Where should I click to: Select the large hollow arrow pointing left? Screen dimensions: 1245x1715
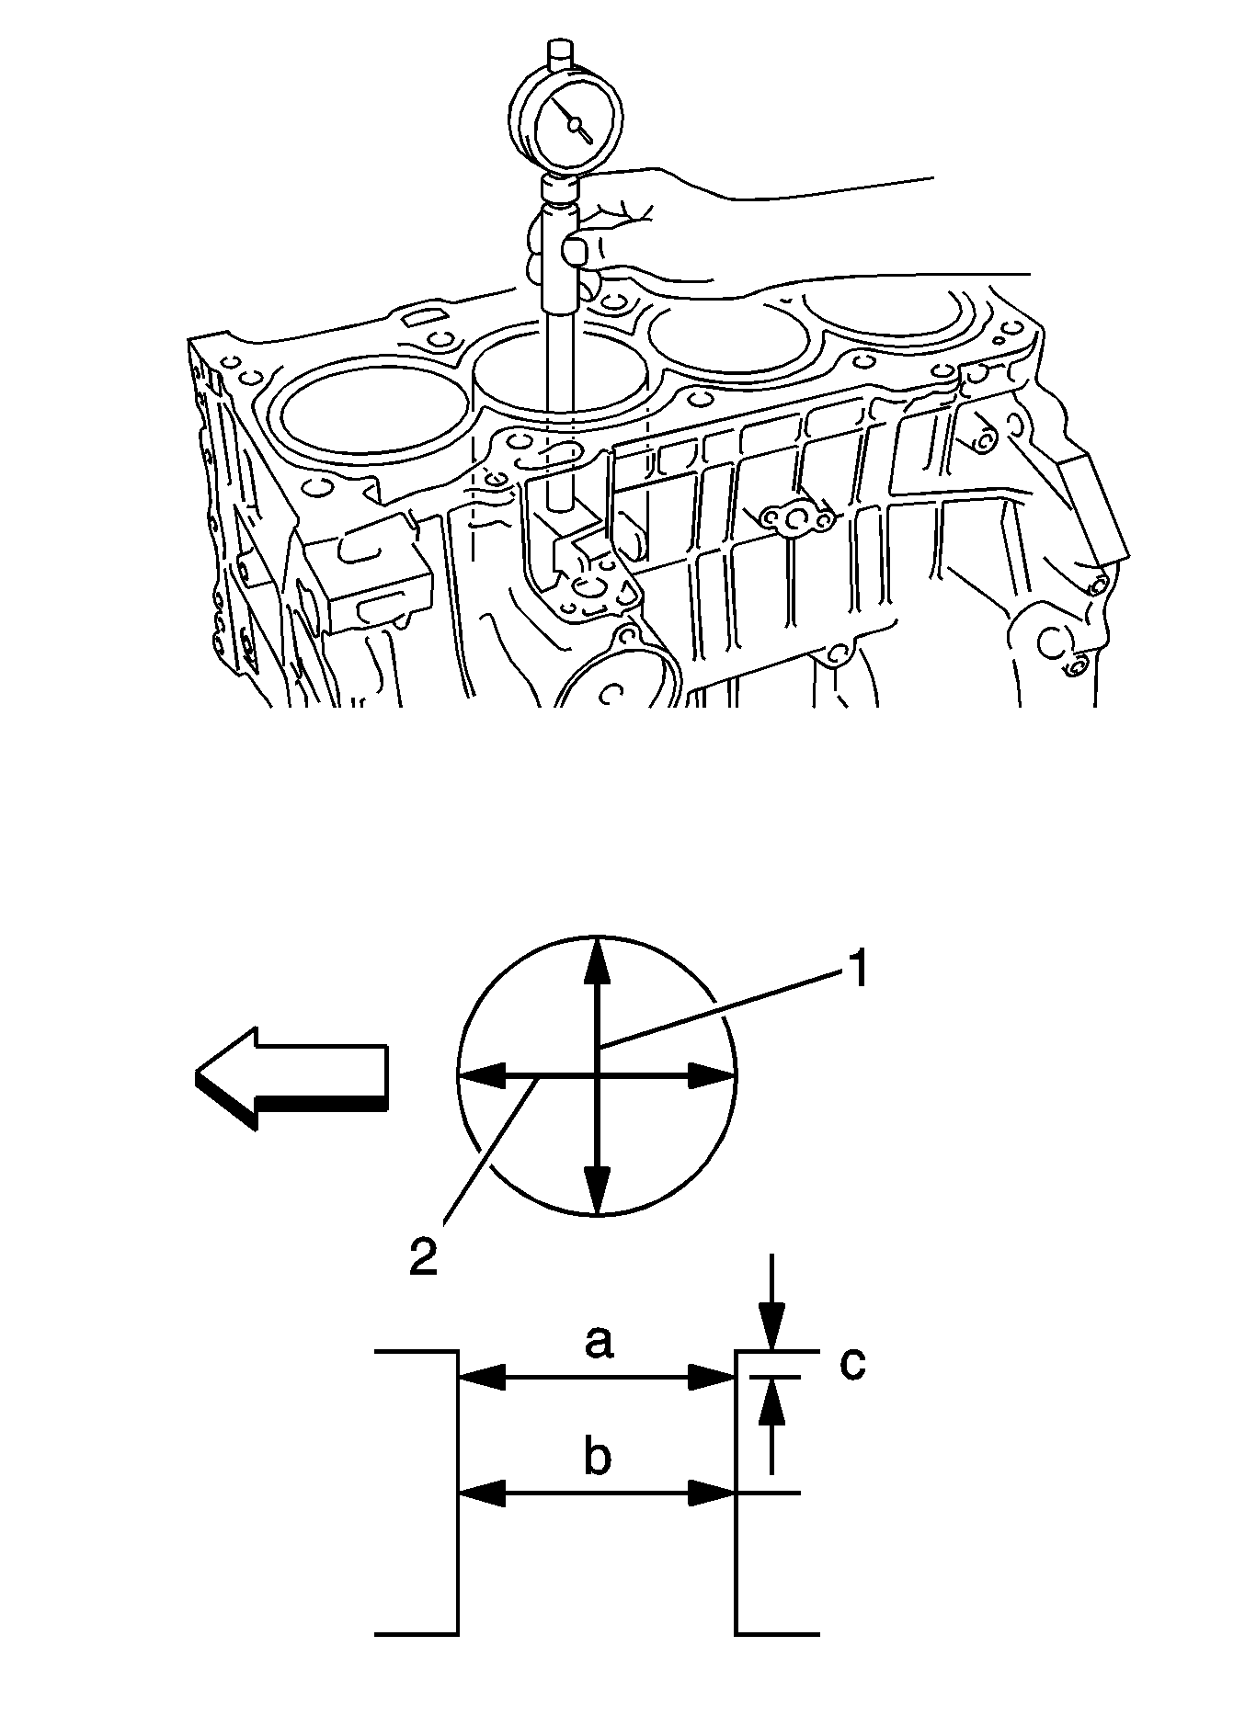click(x=291, y=1077)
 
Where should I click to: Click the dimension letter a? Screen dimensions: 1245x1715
click(x=598, y=1343)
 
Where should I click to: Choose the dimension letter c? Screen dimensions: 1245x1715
click(x=852, y=1364)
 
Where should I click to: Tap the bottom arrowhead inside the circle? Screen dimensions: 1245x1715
click(x=598, y=1190)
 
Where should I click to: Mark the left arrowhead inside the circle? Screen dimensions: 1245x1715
click(x=483, y=1074)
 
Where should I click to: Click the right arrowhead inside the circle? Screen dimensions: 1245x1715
click(x=712, y=1074)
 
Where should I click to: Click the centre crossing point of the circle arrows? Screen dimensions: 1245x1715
click(x=598, y=1074)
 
